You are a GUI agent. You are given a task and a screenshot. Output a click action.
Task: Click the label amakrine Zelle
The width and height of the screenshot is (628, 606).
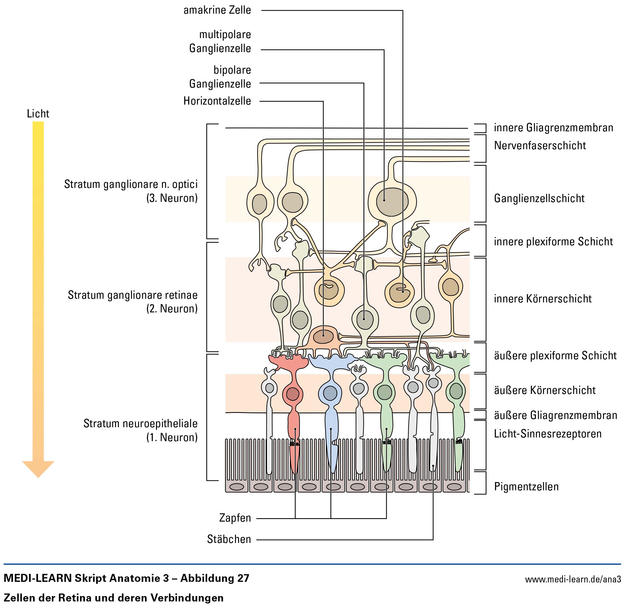217,10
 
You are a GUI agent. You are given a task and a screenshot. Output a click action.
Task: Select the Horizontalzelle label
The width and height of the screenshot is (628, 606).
217,101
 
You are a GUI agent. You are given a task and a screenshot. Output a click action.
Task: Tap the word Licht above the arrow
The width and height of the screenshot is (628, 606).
38,113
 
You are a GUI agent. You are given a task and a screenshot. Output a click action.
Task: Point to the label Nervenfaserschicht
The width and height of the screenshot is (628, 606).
540,146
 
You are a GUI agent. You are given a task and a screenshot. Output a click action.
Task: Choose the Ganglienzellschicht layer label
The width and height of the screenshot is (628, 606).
539,198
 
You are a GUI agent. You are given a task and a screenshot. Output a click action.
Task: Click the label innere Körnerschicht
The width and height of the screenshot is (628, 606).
543,299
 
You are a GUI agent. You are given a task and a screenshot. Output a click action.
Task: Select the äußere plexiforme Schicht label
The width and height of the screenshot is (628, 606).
555,355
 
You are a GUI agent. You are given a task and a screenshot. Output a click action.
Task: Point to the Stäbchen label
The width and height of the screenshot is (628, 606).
229,539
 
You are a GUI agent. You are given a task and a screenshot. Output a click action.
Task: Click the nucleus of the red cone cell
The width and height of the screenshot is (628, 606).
292,394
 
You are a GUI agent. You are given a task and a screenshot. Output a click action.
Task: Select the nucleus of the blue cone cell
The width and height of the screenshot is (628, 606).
330,393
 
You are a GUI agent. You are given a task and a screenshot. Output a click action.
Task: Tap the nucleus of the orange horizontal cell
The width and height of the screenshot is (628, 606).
324,336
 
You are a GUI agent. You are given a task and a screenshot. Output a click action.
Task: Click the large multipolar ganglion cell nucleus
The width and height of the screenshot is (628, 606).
392,202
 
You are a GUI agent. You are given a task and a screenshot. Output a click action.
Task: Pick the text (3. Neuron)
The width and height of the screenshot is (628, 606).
172,198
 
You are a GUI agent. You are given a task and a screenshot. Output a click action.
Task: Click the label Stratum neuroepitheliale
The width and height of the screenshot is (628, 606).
141,423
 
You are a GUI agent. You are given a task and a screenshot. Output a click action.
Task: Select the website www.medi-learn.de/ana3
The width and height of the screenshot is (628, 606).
573,579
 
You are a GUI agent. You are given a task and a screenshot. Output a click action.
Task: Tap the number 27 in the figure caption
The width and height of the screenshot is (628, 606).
243,578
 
